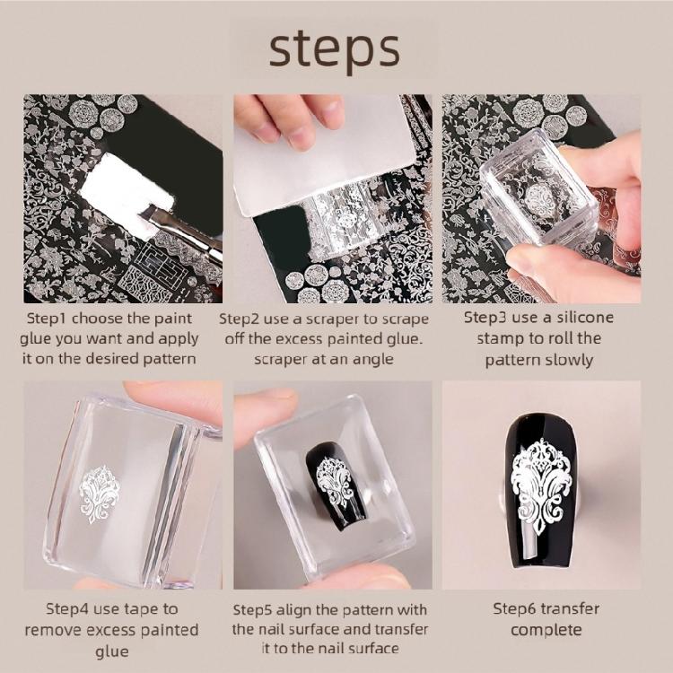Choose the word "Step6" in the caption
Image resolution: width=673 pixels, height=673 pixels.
pyautogui.click(x=517, y=608)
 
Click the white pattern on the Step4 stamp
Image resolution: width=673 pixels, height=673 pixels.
pyautogui.click(x=100, y=493)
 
